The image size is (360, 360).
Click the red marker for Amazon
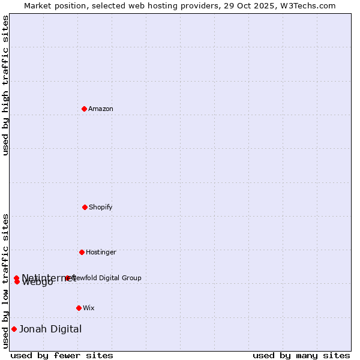tap(84, 109)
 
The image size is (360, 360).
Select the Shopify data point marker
tap(85, 207)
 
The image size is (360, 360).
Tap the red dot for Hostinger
tap(82, 252)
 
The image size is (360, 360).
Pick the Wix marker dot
tap(79, 308)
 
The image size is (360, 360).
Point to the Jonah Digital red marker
tap(14, 329)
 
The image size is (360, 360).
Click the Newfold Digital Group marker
tap(67, 278)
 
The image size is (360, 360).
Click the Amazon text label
tap(101, 109)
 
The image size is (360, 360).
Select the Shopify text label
tap(101, 207)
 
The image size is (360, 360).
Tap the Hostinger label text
tap(101, 252)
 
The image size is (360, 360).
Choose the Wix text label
tap(89, 308)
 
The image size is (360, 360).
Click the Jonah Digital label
tap(50, 329)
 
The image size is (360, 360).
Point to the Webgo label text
tap(37, 283)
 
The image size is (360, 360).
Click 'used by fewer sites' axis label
tap(62, 355)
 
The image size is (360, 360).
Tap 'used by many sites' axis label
tap(301, 355)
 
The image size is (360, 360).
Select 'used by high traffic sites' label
tap(5, 85)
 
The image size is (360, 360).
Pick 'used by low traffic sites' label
tap(5, 281)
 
